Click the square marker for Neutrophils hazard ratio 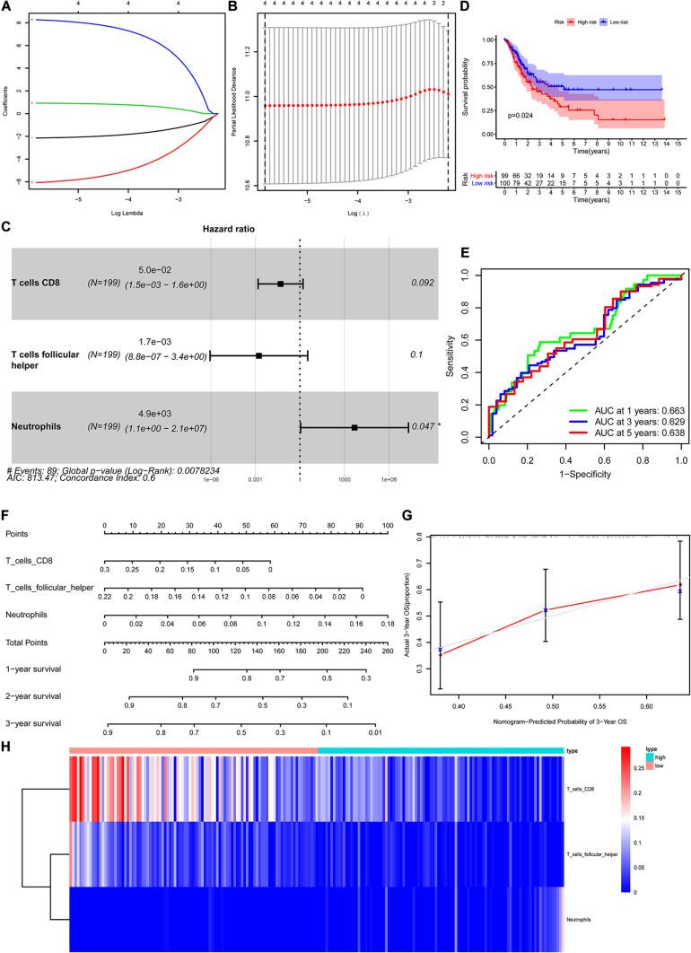354,428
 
